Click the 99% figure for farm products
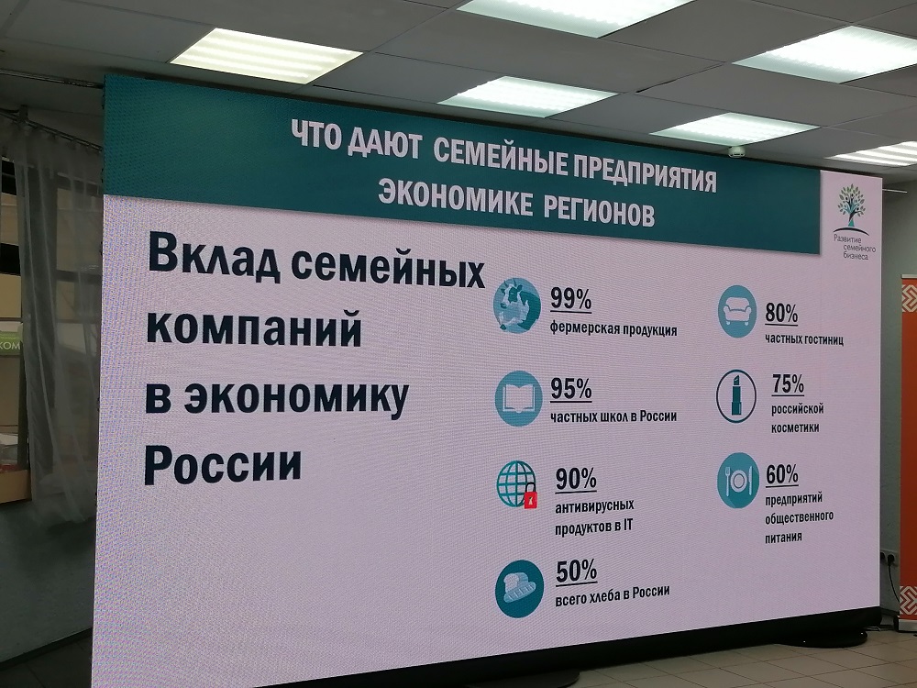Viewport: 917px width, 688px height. (x=570, y=299)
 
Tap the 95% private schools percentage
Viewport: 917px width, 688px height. (x=570, y=389)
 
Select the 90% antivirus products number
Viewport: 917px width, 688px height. (x=576, y=479)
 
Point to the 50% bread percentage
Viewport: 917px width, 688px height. (x=576, y=571)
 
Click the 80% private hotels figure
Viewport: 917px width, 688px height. (x=781, y=314)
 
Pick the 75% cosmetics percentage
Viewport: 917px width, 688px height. (x=788, y=384)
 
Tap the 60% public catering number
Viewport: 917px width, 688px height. (x=782, y=474)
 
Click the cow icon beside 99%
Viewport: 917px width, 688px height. (x=517, y=305)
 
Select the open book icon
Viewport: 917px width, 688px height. (x=518, y=398)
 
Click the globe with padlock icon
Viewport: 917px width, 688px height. (x=517, y=484)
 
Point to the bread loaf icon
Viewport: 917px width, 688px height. (x=519, y=589)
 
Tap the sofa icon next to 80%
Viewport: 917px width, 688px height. (x=737, y=311)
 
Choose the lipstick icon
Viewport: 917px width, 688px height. (x=736, y=396)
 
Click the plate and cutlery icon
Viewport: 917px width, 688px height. (x=738, y=481)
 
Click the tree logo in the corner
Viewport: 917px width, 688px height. (x=851, y=205)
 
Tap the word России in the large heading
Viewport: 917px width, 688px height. (x=223, y=465)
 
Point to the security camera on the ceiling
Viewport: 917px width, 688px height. (x=737, y=151)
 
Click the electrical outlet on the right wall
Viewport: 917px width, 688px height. (x=889, y=558)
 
